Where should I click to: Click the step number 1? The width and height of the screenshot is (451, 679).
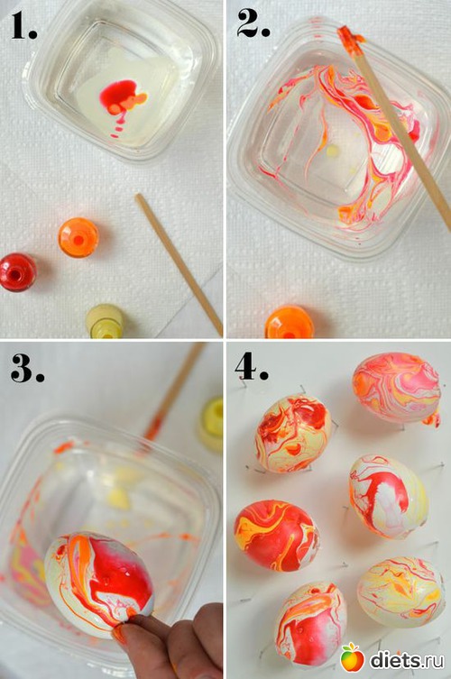click(23, 26)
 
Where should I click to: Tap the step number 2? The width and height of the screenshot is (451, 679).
click(253, 23)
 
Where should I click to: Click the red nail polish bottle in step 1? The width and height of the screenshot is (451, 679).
click(18, 272)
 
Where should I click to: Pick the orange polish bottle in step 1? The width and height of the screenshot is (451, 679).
click(78, 238)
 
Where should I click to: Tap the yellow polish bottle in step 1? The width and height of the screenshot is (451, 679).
click(106, 321)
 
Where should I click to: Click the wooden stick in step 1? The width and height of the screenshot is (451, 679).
click(179, 264)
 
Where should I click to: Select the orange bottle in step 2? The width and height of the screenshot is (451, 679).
click(290, 322)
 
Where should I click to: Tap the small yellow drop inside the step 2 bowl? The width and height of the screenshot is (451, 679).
click(332, 151)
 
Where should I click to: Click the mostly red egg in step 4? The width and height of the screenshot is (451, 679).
click(277, 536)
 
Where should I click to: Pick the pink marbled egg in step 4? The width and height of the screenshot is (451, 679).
click(396, 388)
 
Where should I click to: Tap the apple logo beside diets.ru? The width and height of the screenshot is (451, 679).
click(352, 657)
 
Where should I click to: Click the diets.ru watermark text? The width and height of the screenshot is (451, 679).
click(407, 659)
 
